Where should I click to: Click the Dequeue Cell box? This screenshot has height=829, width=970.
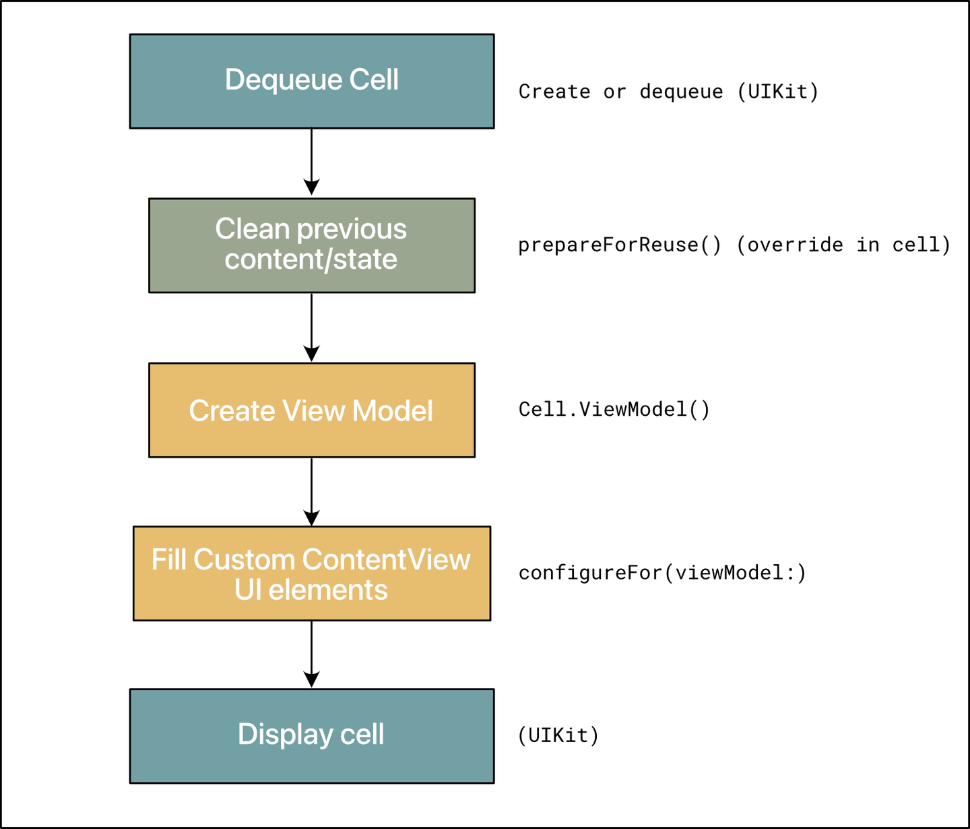point(311,82)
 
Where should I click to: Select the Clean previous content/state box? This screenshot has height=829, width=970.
point(311,245)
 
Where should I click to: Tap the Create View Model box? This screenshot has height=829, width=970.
point(311,410)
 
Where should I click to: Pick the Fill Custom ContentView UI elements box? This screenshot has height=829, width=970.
point(311,574)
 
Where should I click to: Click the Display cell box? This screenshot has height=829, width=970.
point(311,736)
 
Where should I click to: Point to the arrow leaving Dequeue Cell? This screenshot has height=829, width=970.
point(311,162)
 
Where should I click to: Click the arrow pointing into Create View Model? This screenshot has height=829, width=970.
point(311,328)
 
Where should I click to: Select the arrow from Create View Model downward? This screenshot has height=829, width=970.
point(311,491)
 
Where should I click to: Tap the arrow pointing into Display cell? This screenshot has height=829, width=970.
point(311,654)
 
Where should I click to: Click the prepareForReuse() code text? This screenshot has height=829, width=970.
point(619,245)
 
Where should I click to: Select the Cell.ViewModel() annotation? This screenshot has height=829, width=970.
point(614,410)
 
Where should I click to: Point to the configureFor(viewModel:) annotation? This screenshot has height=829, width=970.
point(662,573)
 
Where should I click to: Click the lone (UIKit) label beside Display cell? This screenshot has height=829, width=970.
point(558,735)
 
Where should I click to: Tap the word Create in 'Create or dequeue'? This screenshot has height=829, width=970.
point(554,92)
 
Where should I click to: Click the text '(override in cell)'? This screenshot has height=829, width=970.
point(843,245)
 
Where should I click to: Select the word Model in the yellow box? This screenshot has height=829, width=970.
point(393,411)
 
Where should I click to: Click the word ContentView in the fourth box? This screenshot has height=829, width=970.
point(386,560)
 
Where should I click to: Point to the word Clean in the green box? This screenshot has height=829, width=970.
point(243,230)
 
